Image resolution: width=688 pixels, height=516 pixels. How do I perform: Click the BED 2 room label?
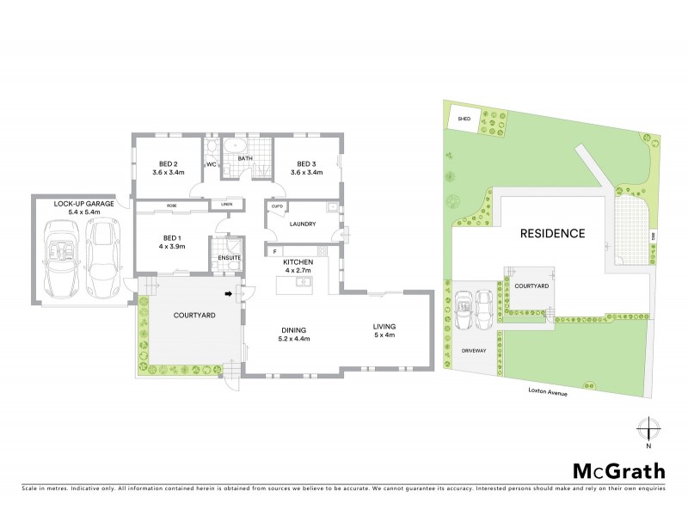click(169, 163)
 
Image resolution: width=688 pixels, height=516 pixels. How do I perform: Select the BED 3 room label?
click(309, 163)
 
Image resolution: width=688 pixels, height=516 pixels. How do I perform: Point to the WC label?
click(211, 164)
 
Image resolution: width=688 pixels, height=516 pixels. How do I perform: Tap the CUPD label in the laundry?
click(277, 207)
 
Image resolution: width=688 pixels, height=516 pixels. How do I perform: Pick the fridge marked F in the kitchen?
click(273, 251)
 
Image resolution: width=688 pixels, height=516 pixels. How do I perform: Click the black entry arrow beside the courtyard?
click(229, 294)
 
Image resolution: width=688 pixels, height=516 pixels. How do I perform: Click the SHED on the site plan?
click(464, 119)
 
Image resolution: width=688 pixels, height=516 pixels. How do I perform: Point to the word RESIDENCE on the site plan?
click(551, 233)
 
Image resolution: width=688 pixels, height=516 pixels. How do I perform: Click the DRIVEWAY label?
click(474, 351)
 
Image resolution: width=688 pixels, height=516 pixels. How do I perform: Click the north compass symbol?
click(648, 429)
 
